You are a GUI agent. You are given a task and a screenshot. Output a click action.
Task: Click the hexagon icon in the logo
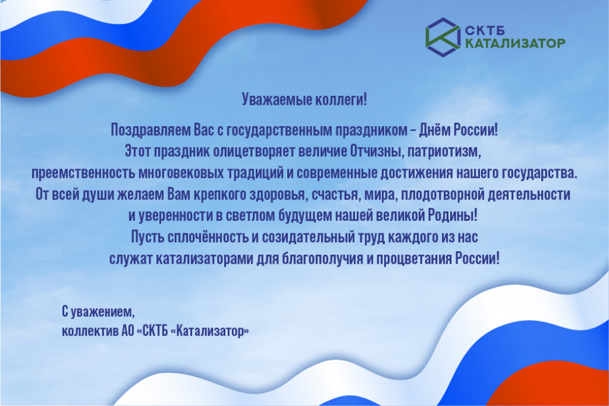pyautogui.click(x=442, y=37)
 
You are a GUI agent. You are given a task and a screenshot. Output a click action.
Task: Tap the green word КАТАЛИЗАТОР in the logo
pyautogui.click(x=514, y=43)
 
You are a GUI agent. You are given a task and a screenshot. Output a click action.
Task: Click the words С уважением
pyautogui.click(x=99, y=311)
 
